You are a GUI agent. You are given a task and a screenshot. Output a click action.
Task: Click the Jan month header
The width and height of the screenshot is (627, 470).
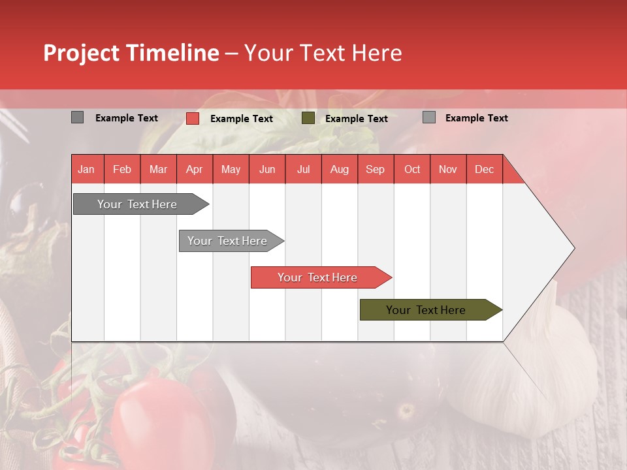pos(86,169)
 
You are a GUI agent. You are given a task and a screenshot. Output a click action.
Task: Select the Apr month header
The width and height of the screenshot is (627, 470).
pos(194,169)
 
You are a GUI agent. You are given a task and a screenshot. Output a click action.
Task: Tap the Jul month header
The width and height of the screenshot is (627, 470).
pos(303,169)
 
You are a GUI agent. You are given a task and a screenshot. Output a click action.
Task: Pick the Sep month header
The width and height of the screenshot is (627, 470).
pos(375,169)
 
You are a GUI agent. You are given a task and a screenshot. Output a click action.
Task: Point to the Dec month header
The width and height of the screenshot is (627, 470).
pos(484,169)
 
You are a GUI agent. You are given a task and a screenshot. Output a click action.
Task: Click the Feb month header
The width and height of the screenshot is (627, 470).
pos(122,169)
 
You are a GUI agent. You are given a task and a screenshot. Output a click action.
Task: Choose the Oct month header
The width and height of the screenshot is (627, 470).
pos(412,169)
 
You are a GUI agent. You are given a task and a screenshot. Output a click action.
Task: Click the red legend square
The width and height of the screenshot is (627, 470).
pos(193,118)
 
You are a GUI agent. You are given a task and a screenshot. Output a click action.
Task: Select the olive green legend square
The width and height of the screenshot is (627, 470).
pos(308,118)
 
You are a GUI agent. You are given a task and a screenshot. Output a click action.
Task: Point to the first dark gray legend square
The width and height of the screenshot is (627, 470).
pos(77,117)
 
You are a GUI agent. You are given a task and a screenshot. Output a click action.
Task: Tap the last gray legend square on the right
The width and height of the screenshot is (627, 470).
pos(429,117)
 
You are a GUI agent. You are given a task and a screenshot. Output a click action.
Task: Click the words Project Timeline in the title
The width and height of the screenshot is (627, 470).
pos(131,53)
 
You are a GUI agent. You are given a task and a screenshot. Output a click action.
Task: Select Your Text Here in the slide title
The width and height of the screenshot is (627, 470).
pos(323,53)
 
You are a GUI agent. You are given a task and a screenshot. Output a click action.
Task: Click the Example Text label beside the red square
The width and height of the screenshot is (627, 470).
pos(242,119)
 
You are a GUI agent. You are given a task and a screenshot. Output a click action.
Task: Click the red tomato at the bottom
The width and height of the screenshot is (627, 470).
pos(157,418)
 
